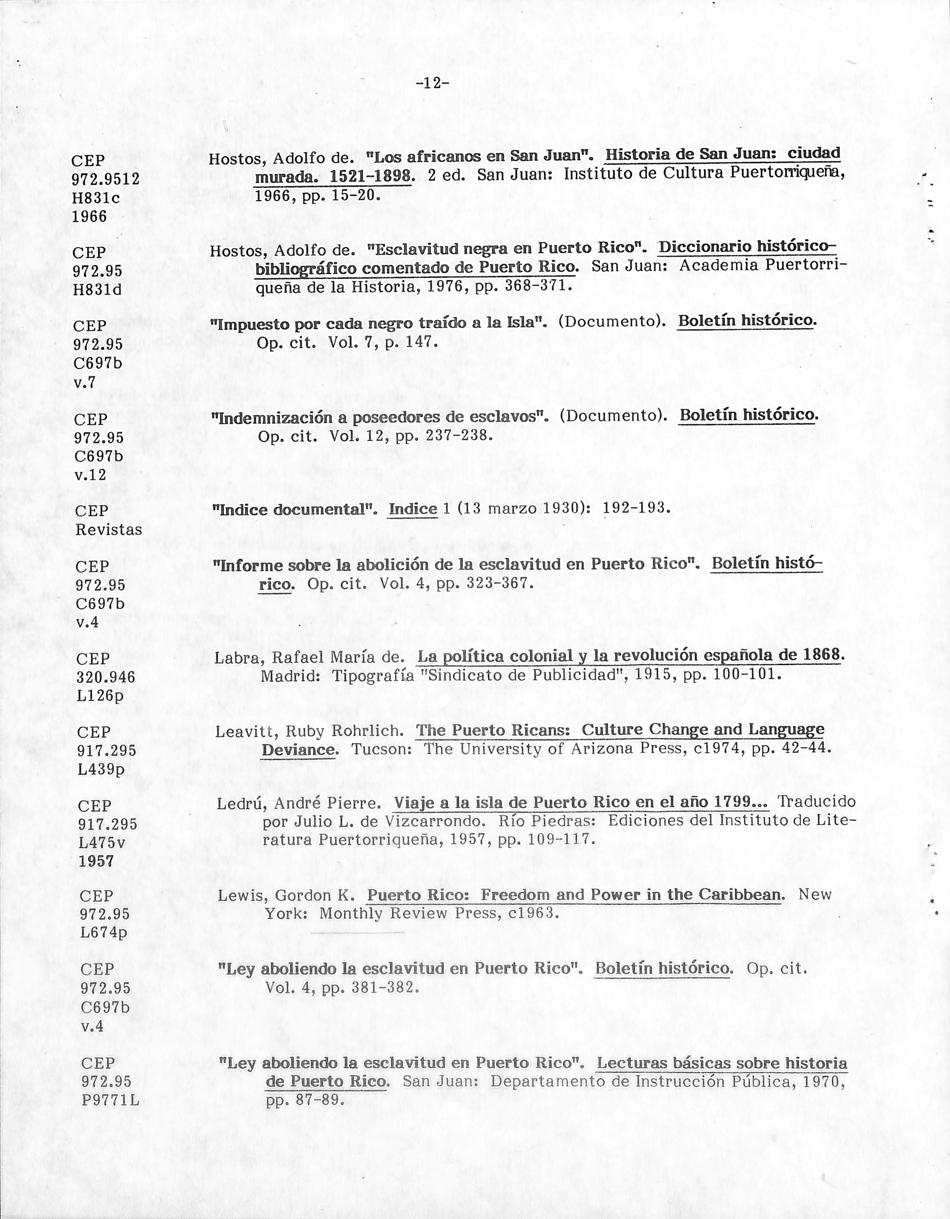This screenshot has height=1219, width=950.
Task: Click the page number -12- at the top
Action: click(433, 84)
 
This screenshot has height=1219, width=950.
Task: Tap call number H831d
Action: click(98, 290)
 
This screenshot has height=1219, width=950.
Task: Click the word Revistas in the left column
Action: click(109, 530)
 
